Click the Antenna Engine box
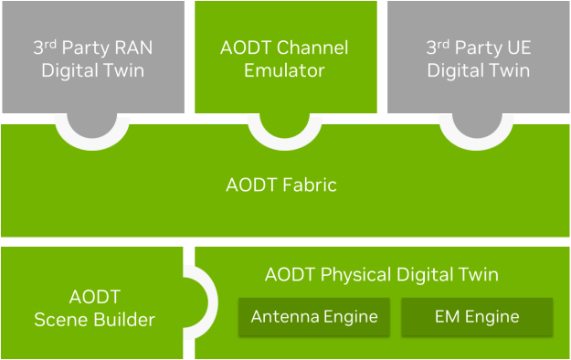(314, 317)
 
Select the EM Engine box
(477, 317)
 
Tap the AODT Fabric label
(281, 185)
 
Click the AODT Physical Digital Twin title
(382, 275)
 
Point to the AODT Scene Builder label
(94, 308)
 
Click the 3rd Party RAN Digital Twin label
(92, 58)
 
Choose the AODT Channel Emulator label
(284, 58)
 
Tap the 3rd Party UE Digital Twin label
(479, 58)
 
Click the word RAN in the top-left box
(133, 48)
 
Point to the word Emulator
(284, 69)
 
